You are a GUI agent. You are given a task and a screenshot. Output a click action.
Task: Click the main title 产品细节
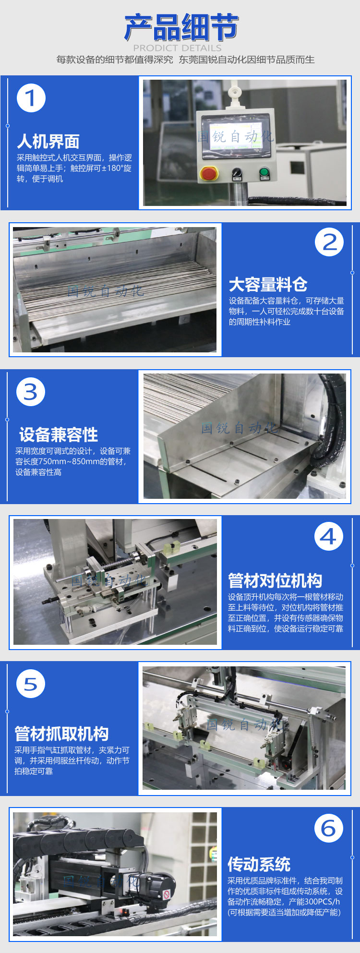(181, 27)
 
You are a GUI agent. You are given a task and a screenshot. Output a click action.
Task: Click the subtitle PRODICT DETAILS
(177, 48)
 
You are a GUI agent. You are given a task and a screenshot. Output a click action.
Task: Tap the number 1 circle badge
(31, 98)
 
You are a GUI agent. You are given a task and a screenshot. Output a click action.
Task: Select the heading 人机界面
(48, 142)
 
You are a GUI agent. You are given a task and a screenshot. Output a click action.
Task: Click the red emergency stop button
(208, 173)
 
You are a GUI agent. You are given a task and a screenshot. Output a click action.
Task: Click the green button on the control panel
(264, 172)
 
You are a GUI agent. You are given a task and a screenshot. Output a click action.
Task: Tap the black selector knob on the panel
(236, 172)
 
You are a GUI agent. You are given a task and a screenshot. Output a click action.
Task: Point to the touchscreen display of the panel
(236, 136)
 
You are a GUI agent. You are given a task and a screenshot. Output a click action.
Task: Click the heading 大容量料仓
(268, 285)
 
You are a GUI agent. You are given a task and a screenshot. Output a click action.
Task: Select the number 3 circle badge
(31, 392)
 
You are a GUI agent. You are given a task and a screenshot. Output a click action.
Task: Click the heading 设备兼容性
(59, 435)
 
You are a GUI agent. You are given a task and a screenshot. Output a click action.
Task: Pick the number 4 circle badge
(329, 536)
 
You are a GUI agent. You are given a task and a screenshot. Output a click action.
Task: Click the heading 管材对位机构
(275, 581)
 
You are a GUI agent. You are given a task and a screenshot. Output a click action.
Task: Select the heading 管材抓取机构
(61, 734)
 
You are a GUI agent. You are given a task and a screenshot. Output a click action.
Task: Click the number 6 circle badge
(329, 828)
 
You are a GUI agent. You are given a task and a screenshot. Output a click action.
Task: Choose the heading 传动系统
(259, 865)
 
